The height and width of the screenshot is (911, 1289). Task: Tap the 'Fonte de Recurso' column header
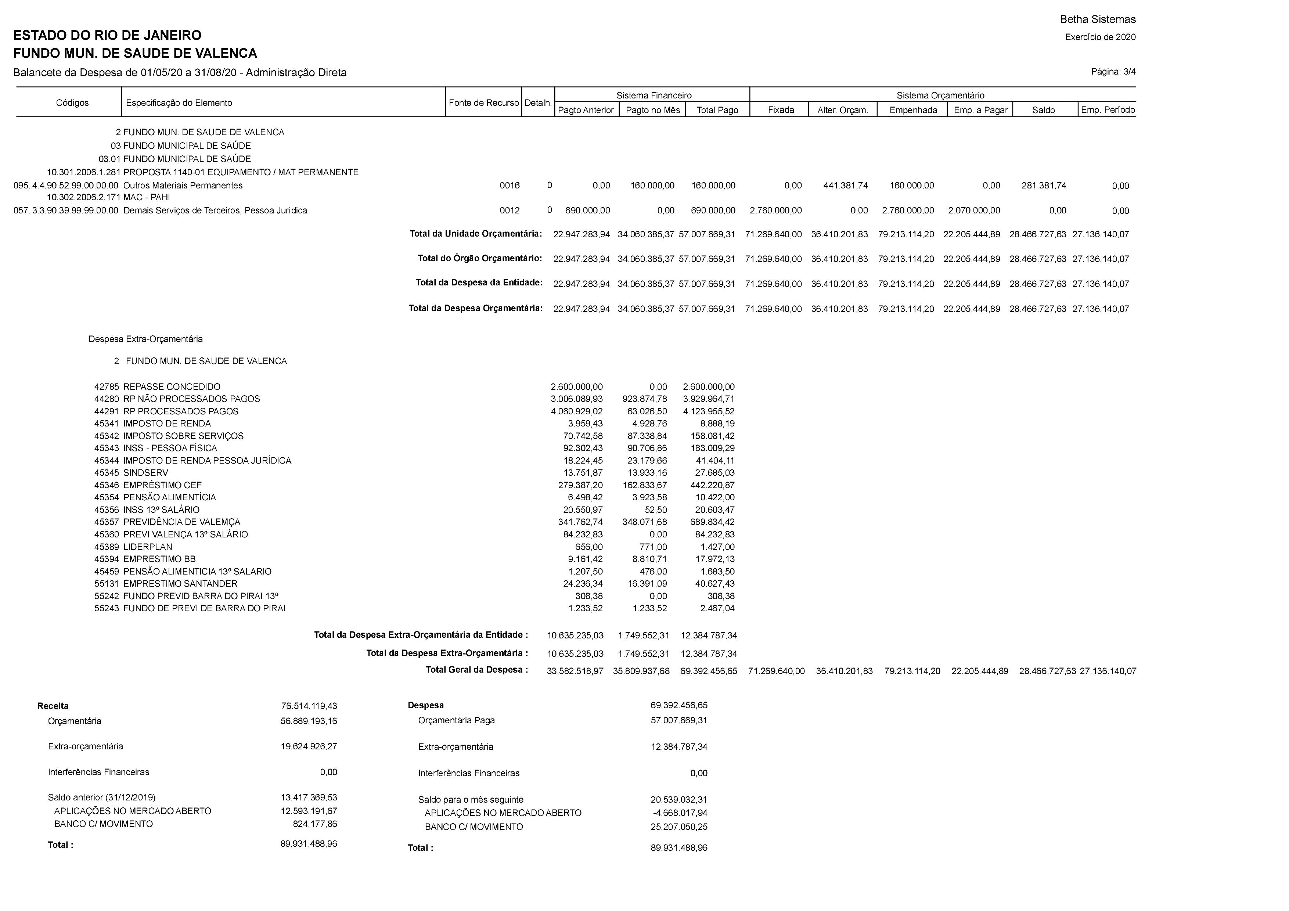[483, 103]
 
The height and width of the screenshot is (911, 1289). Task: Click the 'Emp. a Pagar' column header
[980, 110]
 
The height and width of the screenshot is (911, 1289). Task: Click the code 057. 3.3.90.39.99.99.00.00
[66, 210]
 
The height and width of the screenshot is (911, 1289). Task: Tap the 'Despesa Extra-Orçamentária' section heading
[145, 339]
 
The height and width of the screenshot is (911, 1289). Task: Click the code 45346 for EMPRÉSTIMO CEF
[107, 485]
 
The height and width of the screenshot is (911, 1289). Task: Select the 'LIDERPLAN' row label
[148, 547]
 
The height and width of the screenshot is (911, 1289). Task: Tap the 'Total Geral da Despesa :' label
[477, 670]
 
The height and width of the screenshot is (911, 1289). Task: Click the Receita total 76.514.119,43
[309, 706]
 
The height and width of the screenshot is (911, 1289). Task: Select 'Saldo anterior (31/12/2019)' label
[102, 797]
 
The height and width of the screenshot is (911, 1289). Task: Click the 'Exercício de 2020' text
[1100, 37]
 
